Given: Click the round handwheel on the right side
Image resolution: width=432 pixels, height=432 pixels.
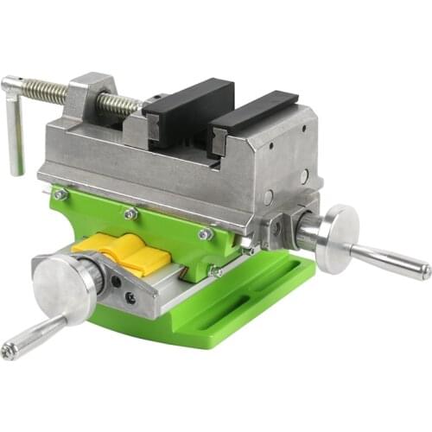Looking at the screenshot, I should (x=337, y=238).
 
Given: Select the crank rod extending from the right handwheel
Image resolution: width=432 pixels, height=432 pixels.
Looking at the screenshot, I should (x=389, y=260).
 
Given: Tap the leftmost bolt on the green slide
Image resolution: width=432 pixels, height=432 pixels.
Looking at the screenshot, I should (x=60, y=195).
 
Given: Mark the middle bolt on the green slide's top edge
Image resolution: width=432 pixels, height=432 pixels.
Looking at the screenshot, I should (x=130, y=213).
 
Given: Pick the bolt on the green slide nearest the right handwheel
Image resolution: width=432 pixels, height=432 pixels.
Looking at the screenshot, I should (x=205, y=234).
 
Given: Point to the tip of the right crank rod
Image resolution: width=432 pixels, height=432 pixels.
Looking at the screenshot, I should (x=425, y=271).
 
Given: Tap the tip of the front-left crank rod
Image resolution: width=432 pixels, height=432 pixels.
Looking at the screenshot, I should (x=9, y=350).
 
